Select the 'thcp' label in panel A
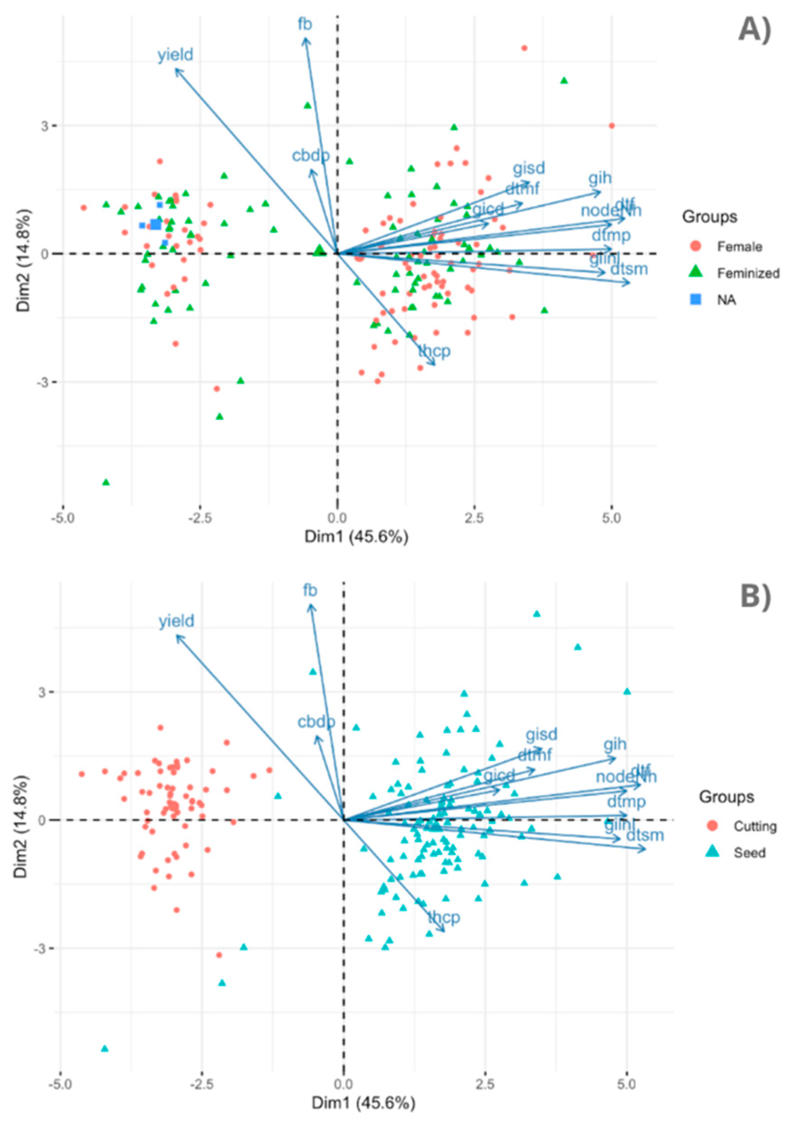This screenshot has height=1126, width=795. click(434, 351)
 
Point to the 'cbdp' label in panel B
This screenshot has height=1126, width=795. click(316, 722)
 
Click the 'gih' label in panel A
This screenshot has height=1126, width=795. click(600, 178)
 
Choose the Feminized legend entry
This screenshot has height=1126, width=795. click(748, 273)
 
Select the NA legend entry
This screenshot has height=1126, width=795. click(726, 300)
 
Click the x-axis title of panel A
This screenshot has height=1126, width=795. click(357, 536)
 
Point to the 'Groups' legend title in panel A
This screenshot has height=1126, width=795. click(709, 216)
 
